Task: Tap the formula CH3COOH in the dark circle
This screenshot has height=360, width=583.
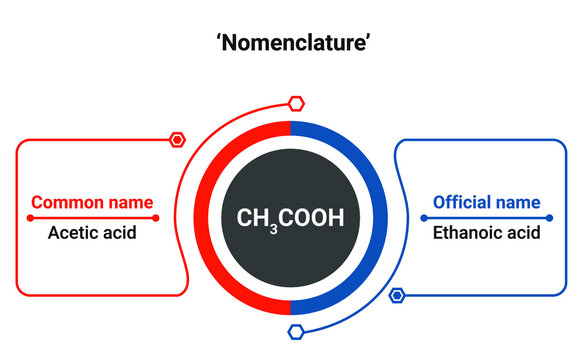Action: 290,217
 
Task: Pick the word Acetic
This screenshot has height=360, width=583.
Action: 72,233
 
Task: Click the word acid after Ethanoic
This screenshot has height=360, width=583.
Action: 524,233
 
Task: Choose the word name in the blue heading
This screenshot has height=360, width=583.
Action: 520,202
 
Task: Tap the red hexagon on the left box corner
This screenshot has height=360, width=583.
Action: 177,139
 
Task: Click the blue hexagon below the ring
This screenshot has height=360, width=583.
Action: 295,332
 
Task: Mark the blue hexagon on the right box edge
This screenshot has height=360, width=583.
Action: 397,295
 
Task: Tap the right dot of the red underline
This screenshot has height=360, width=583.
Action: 157,217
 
